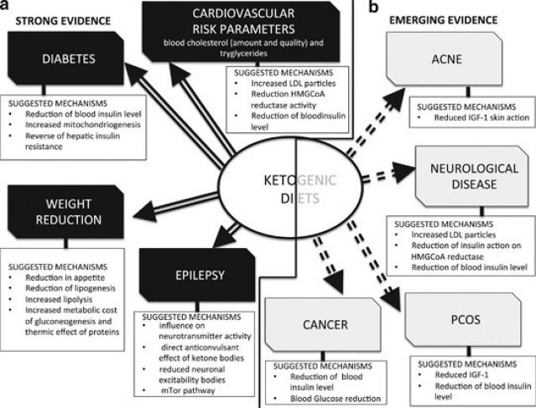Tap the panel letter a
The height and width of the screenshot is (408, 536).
7,5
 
